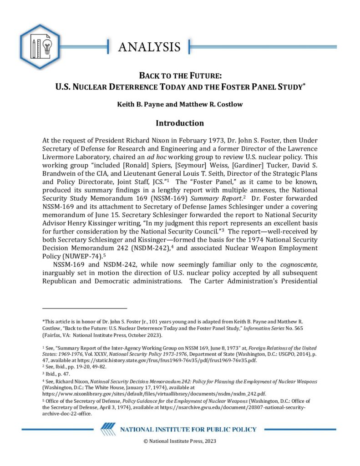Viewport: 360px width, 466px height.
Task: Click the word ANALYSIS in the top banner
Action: point(149,47)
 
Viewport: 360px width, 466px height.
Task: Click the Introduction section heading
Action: point(180,123)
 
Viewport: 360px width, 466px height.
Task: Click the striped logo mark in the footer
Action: point(108,429)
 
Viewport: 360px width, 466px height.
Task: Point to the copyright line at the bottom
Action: point(179,441)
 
